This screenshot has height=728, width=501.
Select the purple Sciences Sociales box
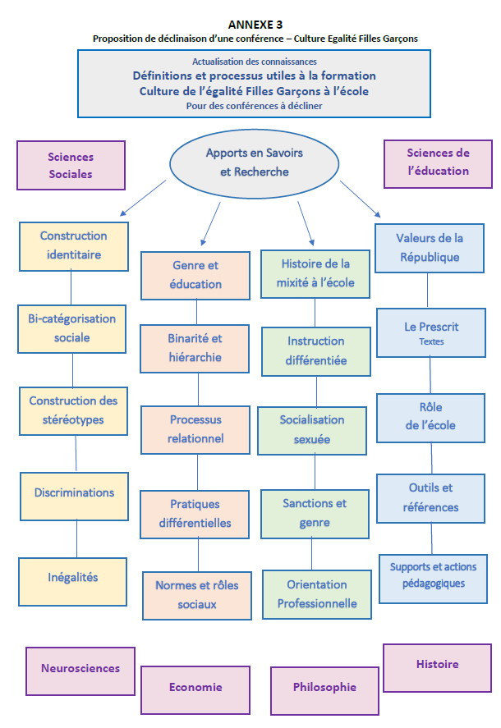pos(71,166)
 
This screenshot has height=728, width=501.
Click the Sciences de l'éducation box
pos(438,163)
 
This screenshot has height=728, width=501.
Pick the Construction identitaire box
pos(73,245)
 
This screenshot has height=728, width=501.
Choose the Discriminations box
pos(74,493)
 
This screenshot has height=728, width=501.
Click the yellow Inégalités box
pos(73,578)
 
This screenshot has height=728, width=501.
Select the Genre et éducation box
pos(196,275)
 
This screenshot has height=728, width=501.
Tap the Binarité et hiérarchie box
pos(195,348)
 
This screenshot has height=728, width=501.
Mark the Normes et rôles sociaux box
pos(197,595)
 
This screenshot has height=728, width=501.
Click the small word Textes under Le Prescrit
pos(431,341)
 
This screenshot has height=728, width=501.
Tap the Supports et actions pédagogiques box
pos(433,575)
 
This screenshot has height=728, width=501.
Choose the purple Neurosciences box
pos(80,669)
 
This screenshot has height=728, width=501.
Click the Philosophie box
pos(324,688)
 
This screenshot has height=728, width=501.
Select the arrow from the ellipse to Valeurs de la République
pos(360,199)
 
